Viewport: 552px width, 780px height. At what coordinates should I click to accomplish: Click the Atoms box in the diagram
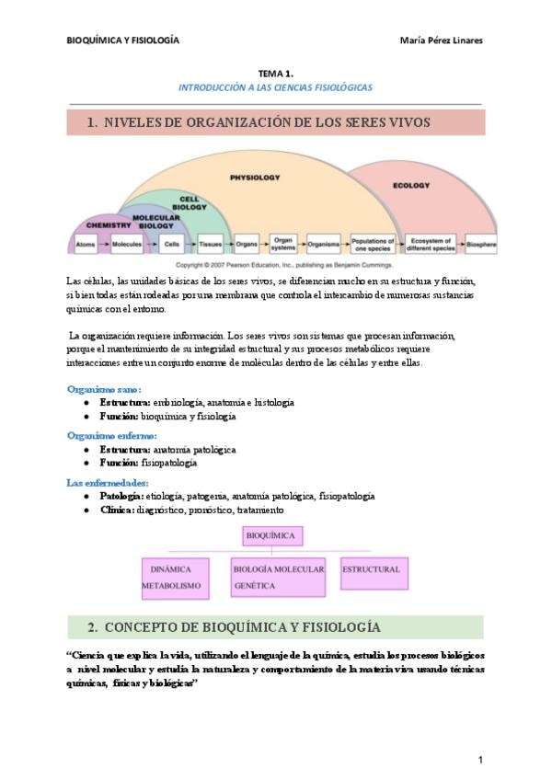[86, 246]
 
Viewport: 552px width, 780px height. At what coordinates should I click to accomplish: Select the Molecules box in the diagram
[126, 246]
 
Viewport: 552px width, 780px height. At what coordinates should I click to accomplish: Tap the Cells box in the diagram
[171, 246]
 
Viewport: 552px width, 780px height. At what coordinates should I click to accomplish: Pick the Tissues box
[211, 246]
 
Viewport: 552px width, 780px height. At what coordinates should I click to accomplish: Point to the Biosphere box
[481, 246]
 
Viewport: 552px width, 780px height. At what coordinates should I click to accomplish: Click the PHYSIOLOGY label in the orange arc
[255, 178]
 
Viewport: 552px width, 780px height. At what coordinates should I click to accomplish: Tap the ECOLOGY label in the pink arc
[411, 186]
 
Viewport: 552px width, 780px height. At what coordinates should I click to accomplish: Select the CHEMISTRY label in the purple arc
[109, 224]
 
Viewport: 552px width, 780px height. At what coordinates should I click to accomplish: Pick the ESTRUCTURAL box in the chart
[372, 570]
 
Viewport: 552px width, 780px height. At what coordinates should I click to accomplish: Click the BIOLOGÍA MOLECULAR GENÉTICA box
[278, 577]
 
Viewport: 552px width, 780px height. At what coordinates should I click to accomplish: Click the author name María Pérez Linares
[443, 40]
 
